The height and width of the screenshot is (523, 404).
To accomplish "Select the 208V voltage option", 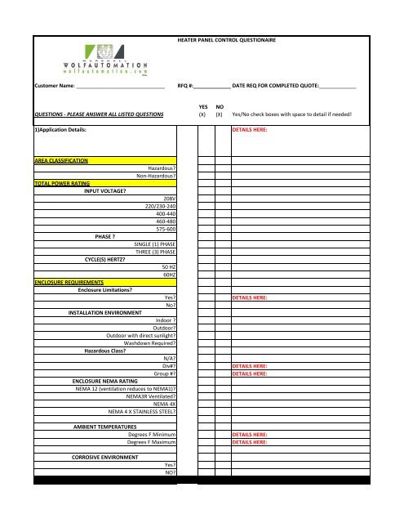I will pyautogui.click(x=170, y=199).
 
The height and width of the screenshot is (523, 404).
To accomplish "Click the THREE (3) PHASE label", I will pyautogui.click(x=155, y=252).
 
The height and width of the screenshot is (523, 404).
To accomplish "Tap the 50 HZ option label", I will pyautogui.click(x=169, y=266).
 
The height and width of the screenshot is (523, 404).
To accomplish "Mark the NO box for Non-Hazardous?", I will pyautogui.click(x=221, y=176).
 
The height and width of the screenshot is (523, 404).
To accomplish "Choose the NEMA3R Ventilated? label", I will pyautogui.click(x=151, y=396).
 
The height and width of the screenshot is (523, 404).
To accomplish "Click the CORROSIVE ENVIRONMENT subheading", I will pyautogui.click(x=105, y=457).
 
